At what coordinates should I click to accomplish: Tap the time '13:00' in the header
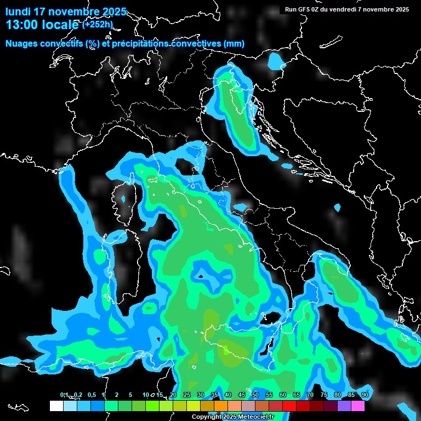21,25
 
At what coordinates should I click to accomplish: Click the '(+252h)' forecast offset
98,24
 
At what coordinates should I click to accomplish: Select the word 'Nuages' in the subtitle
21,44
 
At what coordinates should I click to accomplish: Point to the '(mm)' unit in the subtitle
234,44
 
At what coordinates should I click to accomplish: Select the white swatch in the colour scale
56,406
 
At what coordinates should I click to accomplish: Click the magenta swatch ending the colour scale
358,406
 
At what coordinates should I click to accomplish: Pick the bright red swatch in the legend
289,406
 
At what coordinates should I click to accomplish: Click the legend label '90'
365,395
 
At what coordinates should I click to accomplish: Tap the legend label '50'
255,395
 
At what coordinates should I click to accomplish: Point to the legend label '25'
186,395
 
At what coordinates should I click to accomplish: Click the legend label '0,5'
92,395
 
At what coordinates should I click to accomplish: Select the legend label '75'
323,395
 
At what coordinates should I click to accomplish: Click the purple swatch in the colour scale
344,406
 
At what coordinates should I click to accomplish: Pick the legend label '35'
214,395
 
